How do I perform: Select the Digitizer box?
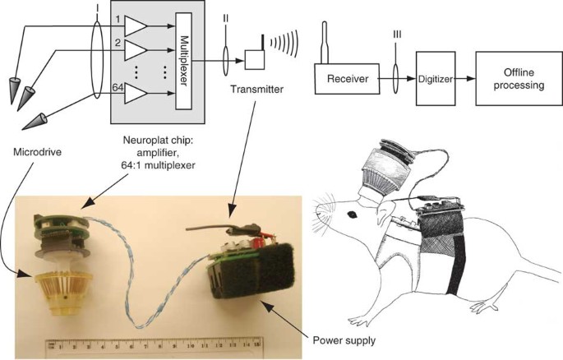point(435,81)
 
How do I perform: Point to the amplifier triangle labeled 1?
point(135,26)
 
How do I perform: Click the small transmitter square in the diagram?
point(254,59)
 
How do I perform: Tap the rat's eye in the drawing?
point(351,215)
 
